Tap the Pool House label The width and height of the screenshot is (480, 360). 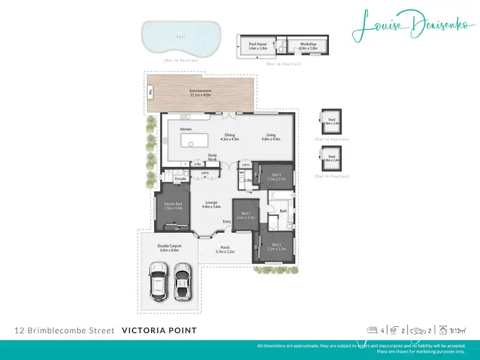257,46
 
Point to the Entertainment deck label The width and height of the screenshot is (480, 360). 200,93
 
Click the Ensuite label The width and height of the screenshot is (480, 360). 180,178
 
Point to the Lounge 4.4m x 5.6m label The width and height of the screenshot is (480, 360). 211,205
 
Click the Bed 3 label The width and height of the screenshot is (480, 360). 276,246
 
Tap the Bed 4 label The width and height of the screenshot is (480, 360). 275,177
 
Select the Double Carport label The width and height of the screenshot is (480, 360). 170,247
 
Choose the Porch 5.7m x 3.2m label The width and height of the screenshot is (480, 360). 225,249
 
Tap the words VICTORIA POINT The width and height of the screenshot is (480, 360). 158,331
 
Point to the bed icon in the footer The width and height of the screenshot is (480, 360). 371,331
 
